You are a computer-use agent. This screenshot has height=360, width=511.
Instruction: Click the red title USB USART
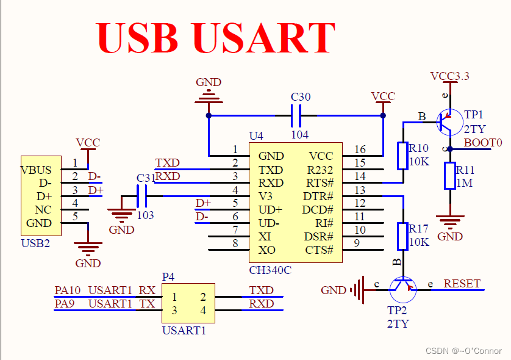(216, 38)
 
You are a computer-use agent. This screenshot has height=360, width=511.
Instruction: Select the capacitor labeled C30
(296, 115)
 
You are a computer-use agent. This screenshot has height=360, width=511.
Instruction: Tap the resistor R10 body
(402, 156)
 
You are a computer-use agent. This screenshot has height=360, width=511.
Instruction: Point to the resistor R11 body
(450, 176)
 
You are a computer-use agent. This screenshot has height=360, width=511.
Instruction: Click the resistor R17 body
(402, 236)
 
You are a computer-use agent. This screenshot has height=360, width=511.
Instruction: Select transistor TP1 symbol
(449, 122)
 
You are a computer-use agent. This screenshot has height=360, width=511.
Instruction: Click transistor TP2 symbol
(402, 289)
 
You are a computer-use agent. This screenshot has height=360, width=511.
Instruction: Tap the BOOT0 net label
(483, 143)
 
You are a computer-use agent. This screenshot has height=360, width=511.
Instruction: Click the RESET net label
(462, 284)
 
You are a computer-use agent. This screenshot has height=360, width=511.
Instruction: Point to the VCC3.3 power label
(449, 76)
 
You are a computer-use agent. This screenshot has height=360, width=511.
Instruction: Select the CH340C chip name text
(270, 270)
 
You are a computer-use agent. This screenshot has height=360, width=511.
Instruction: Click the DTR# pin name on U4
(318, 196)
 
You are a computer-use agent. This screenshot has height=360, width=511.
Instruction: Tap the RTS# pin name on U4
(319, 183)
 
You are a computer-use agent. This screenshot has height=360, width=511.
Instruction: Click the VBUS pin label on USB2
(37, 170)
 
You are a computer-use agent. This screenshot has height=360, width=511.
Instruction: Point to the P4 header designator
(168, 276)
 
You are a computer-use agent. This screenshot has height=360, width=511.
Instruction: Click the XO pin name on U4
(266, 250)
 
